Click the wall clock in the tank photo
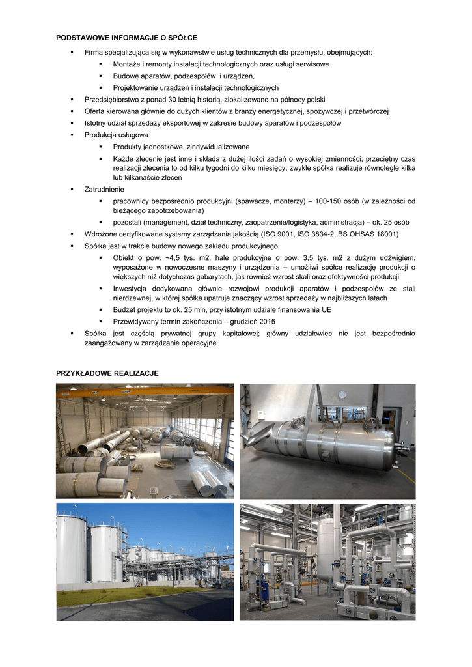pyautogui.click(x=342, y=395)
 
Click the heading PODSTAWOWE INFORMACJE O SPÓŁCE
pyautogui.click(x=126, y=38)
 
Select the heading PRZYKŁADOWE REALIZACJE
pyautogui.click(x=107, y=373)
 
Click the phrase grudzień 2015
pyautogui.click(x=254, y=322)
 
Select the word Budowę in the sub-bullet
pyautogui.click(x=126, y=76)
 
